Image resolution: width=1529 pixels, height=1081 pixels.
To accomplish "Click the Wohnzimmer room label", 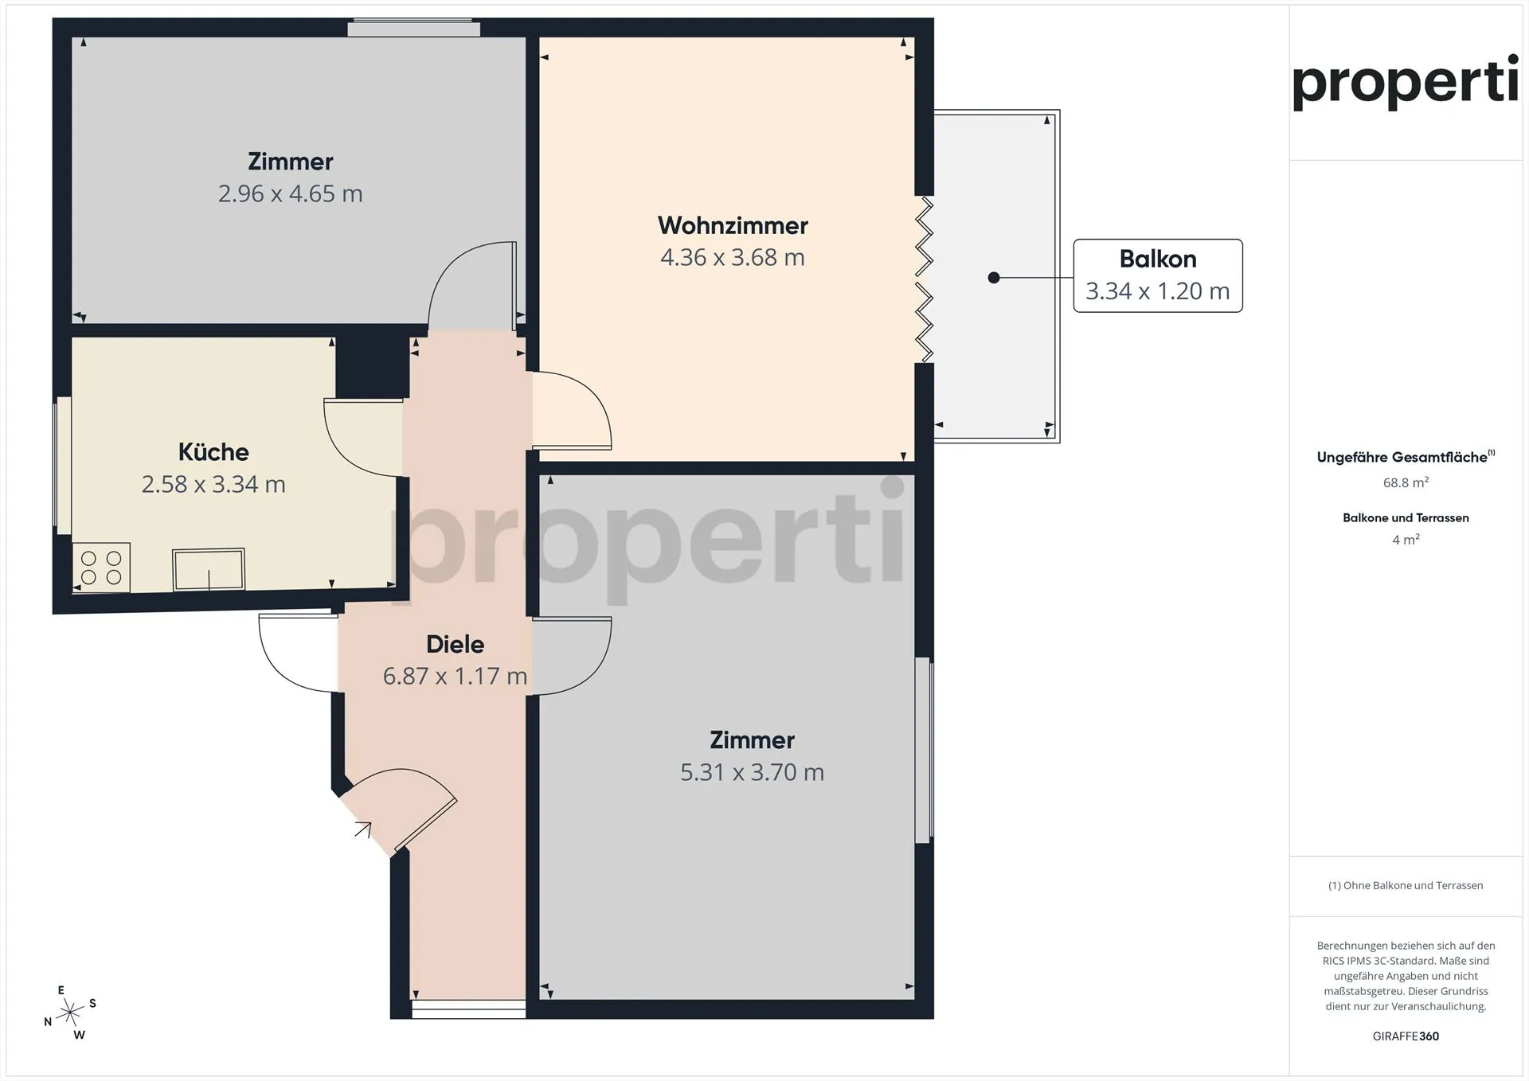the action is point(733,226).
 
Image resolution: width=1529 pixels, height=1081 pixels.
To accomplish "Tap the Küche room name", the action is point(213,452).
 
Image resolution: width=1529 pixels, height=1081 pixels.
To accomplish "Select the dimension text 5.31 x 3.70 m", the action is point(752,772).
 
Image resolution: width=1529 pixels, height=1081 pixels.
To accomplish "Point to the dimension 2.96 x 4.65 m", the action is point(290,193).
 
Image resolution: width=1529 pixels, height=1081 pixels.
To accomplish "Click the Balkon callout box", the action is point(1158,275).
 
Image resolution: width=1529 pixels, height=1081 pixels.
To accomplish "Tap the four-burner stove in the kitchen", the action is point(101,568).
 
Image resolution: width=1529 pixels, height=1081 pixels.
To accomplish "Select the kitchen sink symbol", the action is point(209,569).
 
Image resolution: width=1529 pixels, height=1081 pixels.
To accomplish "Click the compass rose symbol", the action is point(70,1013).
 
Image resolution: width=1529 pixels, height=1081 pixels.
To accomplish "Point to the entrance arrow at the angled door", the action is point(363,829).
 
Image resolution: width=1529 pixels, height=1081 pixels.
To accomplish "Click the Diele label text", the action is point(455,644).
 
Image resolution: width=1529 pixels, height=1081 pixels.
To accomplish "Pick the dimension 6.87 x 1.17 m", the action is point(455,676).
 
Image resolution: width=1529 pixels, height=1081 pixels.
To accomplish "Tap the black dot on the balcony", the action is point(994,278).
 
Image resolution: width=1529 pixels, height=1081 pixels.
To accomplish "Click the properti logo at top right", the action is point(1405,82).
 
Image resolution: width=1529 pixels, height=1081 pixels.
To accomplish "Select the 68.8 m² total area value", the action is point(1406,482).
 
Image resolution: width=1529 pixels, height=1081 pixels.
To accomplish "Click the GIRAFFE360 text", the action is point(1406,1036).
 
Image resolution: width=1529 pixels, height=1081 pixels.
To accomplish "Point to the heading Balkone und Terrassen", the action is point(1406,517).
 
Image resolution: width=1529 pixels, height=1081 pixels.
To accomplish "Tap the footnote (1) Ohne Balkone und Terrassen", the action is point(1406,885).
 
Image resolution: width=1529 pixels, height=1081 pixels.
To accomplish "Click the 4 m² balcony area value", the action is point(1406,540).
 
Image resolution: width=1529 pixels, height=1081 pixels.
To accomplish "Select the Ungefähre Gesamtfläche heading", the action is point(1406,457).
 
